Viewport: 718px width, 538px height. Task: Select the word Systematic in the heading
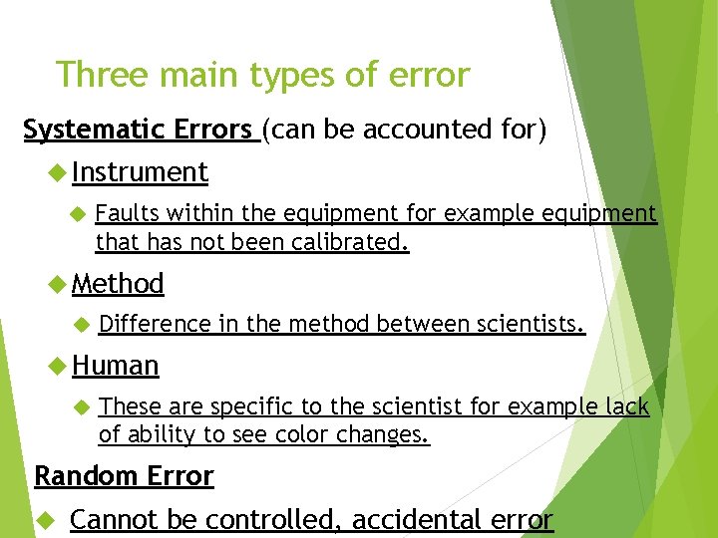click(x=84, y=131)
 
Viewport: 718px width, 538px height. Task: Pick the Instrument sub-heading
click(x=140, y=172)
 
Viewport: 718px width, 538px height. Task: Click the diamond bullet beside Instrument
click(x=56, y=173)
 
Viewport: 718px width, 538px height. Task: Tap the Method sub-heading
click(x=118, y=284)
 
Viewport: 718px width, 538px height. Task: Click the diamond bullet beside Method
click(x=56, y=285)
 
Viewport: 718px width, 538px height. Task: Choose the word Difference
click(x=156, y=324)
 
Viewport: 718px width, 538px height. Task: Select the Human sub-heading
click(x=115, y=366)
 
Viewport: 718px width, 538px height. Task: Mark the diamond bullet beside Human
click(x=56, y=367)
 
